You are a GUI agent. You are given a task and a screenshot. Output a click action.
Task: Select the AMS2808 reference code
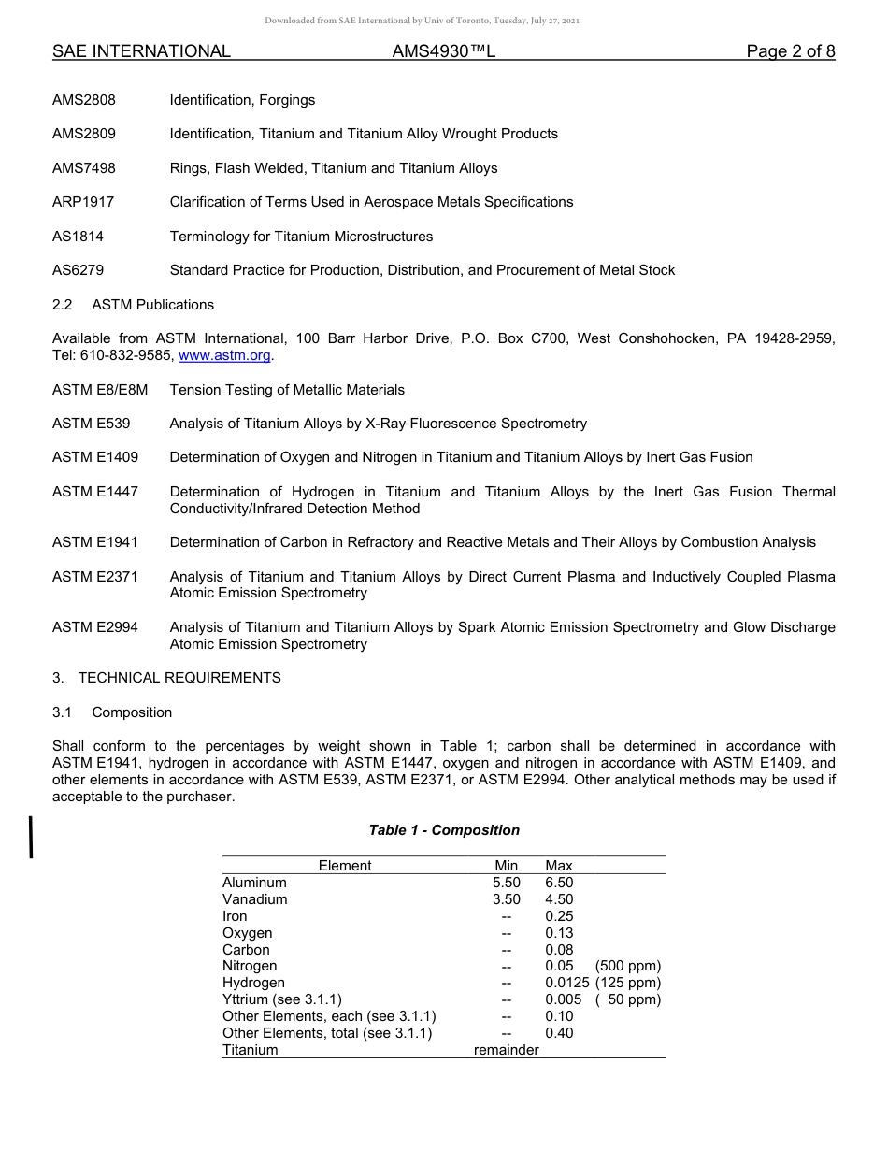click(x=84, y=100)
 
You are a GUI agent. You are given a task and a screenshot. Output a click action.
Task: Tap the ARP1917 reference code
click(x=83, y=202)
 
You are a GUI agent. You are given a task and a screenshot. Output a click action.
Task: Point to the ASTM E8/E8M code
click(x=100, y=390)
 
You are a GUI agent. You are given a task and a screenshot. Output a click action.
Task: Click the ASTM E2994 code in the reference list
click(x=95, y=627)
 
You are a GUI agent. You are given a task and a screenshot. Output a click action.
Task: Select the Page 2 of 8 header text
click(x=790, y=51)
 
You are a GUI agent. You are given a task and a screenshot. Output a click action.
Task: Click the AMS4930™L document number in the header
click(x=443, y=51)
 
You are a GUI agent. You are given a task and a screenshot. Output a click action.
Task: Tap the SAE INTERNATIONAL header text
click(x=141, y=51)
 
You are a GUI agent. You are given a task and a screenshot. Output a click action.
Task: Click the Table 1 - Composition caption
click(x=444, y=830)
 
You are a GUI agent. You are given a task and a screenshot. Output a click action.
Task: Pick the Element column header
click(x=345, y=866)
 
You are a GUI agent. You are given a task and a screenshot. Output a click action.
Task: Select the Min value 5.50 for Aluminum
click(x=506, y=883)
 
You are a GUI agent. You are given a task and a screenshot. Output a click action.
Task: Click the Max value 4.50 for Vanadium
click(x=559, y=899)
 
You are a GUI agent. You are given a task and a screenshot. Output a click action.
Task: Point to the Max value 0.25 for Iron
click(x=559, y=916)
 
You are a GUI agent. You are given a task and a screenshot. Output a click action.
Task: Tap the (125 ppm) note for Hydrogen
click(x=627, y=983)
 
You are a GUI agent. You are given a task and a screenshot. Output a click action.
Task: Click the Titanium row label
click(x=251, y=1050)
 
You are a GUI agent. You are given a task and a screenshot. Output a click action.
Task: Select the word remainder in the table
click(x=506, y=1050)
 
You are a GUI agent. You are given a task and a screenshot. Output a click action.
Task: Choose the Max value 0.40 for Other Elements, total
click(x=559, y=1033)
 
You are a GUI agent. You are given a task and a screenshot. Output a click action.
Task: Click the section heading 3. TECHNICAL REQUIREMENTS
click(x=166, y=678)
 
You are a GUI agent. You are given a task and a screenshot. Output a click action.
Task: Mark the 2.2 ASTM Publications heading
click(x=133, y=305)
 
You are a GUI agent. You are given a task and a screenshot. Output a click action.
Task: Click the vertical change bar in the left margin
click(x=32, y=837)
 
